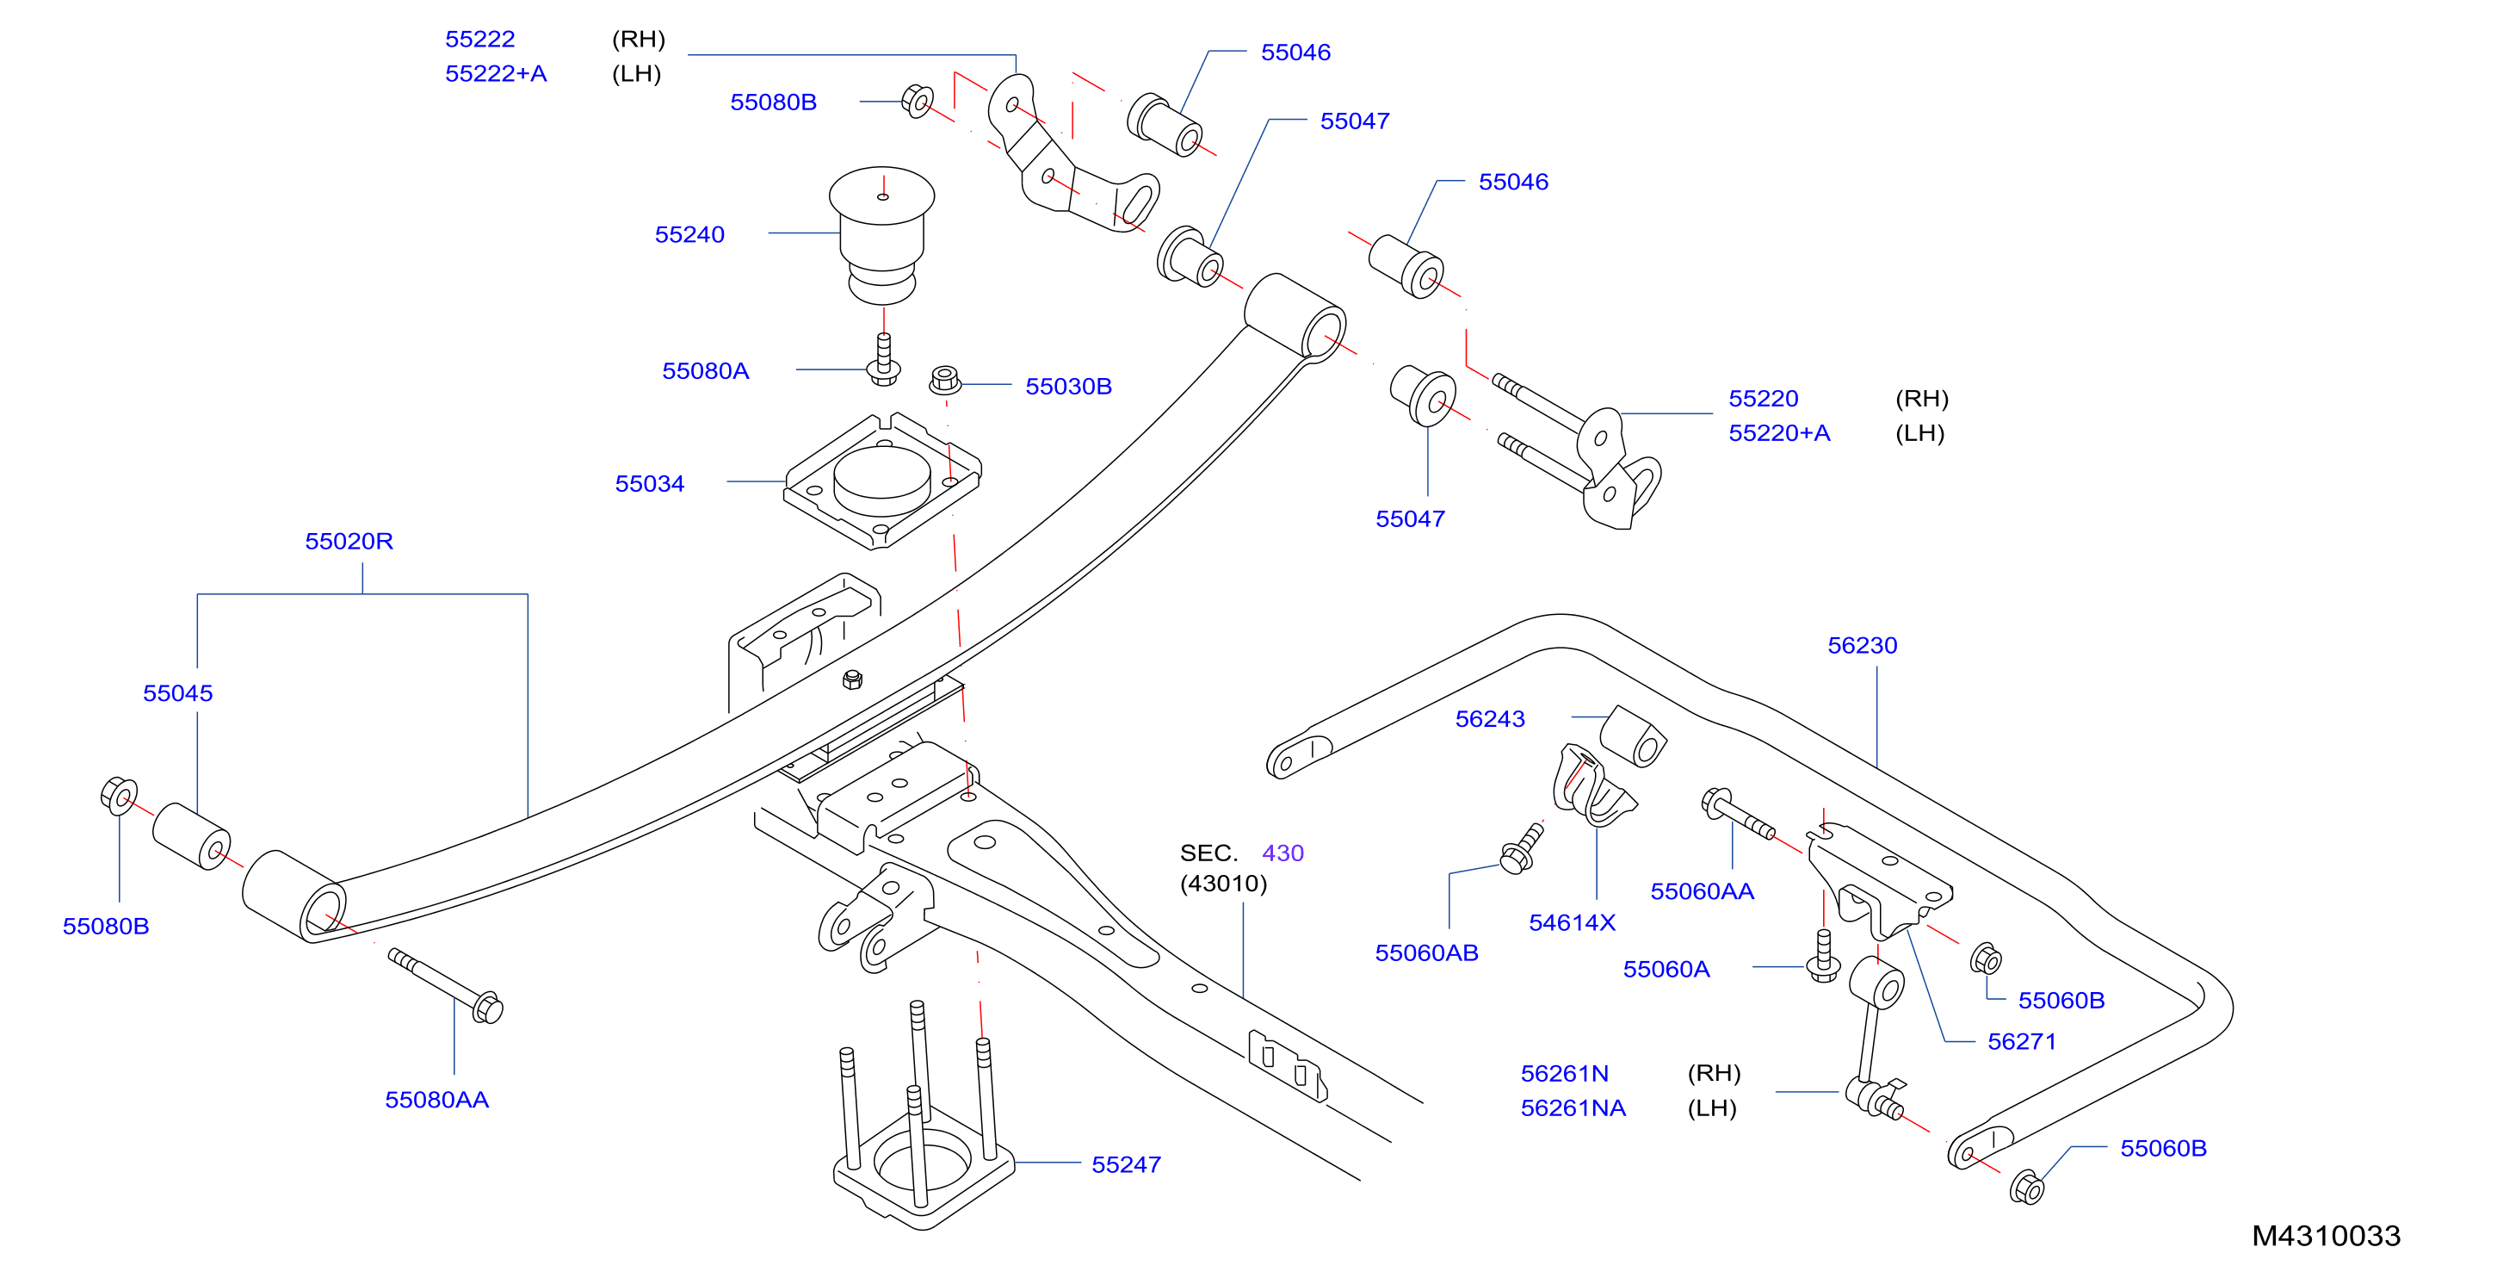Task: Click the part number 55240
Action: point(689,234)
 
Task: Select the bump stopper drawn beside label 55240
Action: point(881,237)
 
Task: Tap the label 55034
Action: point(650,484)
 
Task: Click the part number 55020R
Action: point(349,541)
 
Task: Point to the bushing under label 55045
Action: point(191,836)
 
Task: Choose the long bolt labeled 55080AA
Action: point(446,985)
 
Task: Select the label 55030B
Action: point(1068,387)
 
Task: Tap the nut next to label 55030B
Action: point(945,379)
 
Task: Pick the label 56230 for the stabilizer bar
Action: point(1862,646)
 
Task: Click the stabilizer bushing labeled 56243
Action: point(1634,736)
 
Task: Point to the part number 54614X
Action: point(1573,923)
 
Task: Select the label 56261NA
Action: point(1573,1108)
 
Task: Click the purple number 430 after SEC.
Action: point(1282,853)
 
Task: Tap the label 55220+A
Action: point(1780,433)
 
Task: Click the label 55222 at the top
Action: point(479,40)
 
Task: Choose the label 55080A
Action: point(706,371)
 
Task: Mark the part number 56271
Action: point(2022,1042)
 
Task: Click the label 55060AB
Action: point(1427,953)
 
